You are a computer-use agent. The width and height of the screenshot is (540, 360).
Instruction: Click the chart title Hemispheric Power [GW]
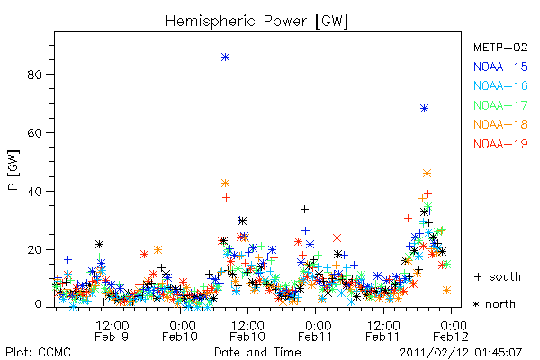(x=256, y=22)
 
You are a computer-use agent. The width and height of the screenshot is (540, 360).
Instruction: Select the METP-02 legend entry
(x=500, y=47)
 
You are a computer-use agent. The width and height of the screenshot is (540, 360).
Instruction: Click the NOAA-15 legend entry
(x=500, y=67)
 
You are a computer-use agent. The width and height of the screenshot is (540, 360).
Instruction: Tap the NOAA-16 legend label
(x=500, y=85)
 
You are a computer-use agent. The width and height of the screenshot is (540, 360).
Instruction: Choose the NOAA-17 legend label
(x=500, y=105)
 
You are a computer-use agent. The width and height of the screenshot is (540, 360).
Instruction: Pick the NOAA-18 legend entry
(x=500, y=124)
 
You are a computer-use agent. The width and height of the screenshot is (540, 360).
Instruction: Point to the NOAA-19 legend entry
(x=500, y=144)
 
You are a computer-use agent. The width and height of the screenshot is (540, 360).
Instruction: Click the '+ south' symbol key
(x=498, y=276)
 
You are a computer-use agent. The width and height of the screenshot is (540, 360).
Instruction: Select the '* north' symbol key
(x=494, y=304)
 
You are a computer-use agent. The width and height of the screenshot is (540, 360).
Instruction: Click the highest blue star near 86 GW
(x=225, y=58)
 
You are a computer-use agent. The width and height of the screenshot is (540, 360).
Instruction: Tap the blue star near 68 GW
(x=424, y=109)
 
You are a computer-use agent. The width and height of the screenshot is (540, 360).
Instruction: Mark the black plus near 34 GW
(x=304, y=209)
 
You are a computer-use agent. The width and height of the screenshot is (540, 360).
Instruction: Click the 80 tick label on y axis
(x=35, y=75)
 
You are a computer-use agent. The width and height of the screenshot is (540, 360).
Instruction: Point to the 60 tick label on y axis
(x=35, y=133)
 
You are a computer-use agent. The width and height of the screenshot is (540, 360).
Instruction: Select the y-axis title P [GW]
(x=13, y=170)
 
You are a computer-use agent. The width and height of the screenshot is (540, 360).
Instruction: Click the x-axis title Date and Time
(x=257, y=352)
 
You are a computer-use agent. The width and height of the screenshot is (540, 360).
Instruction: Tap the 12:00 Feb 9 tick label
(x=112, y=331)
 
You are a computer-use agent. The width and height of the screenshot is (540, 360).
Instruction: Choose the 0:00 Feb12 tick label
(x=451, y=331)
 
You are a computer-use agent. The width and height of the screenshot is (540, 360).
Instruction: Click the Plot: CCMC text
(x=38, y=352)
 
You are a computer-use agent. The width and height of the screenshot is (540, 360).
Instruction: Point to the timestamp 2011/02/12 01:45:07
(x=461, y=353)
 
